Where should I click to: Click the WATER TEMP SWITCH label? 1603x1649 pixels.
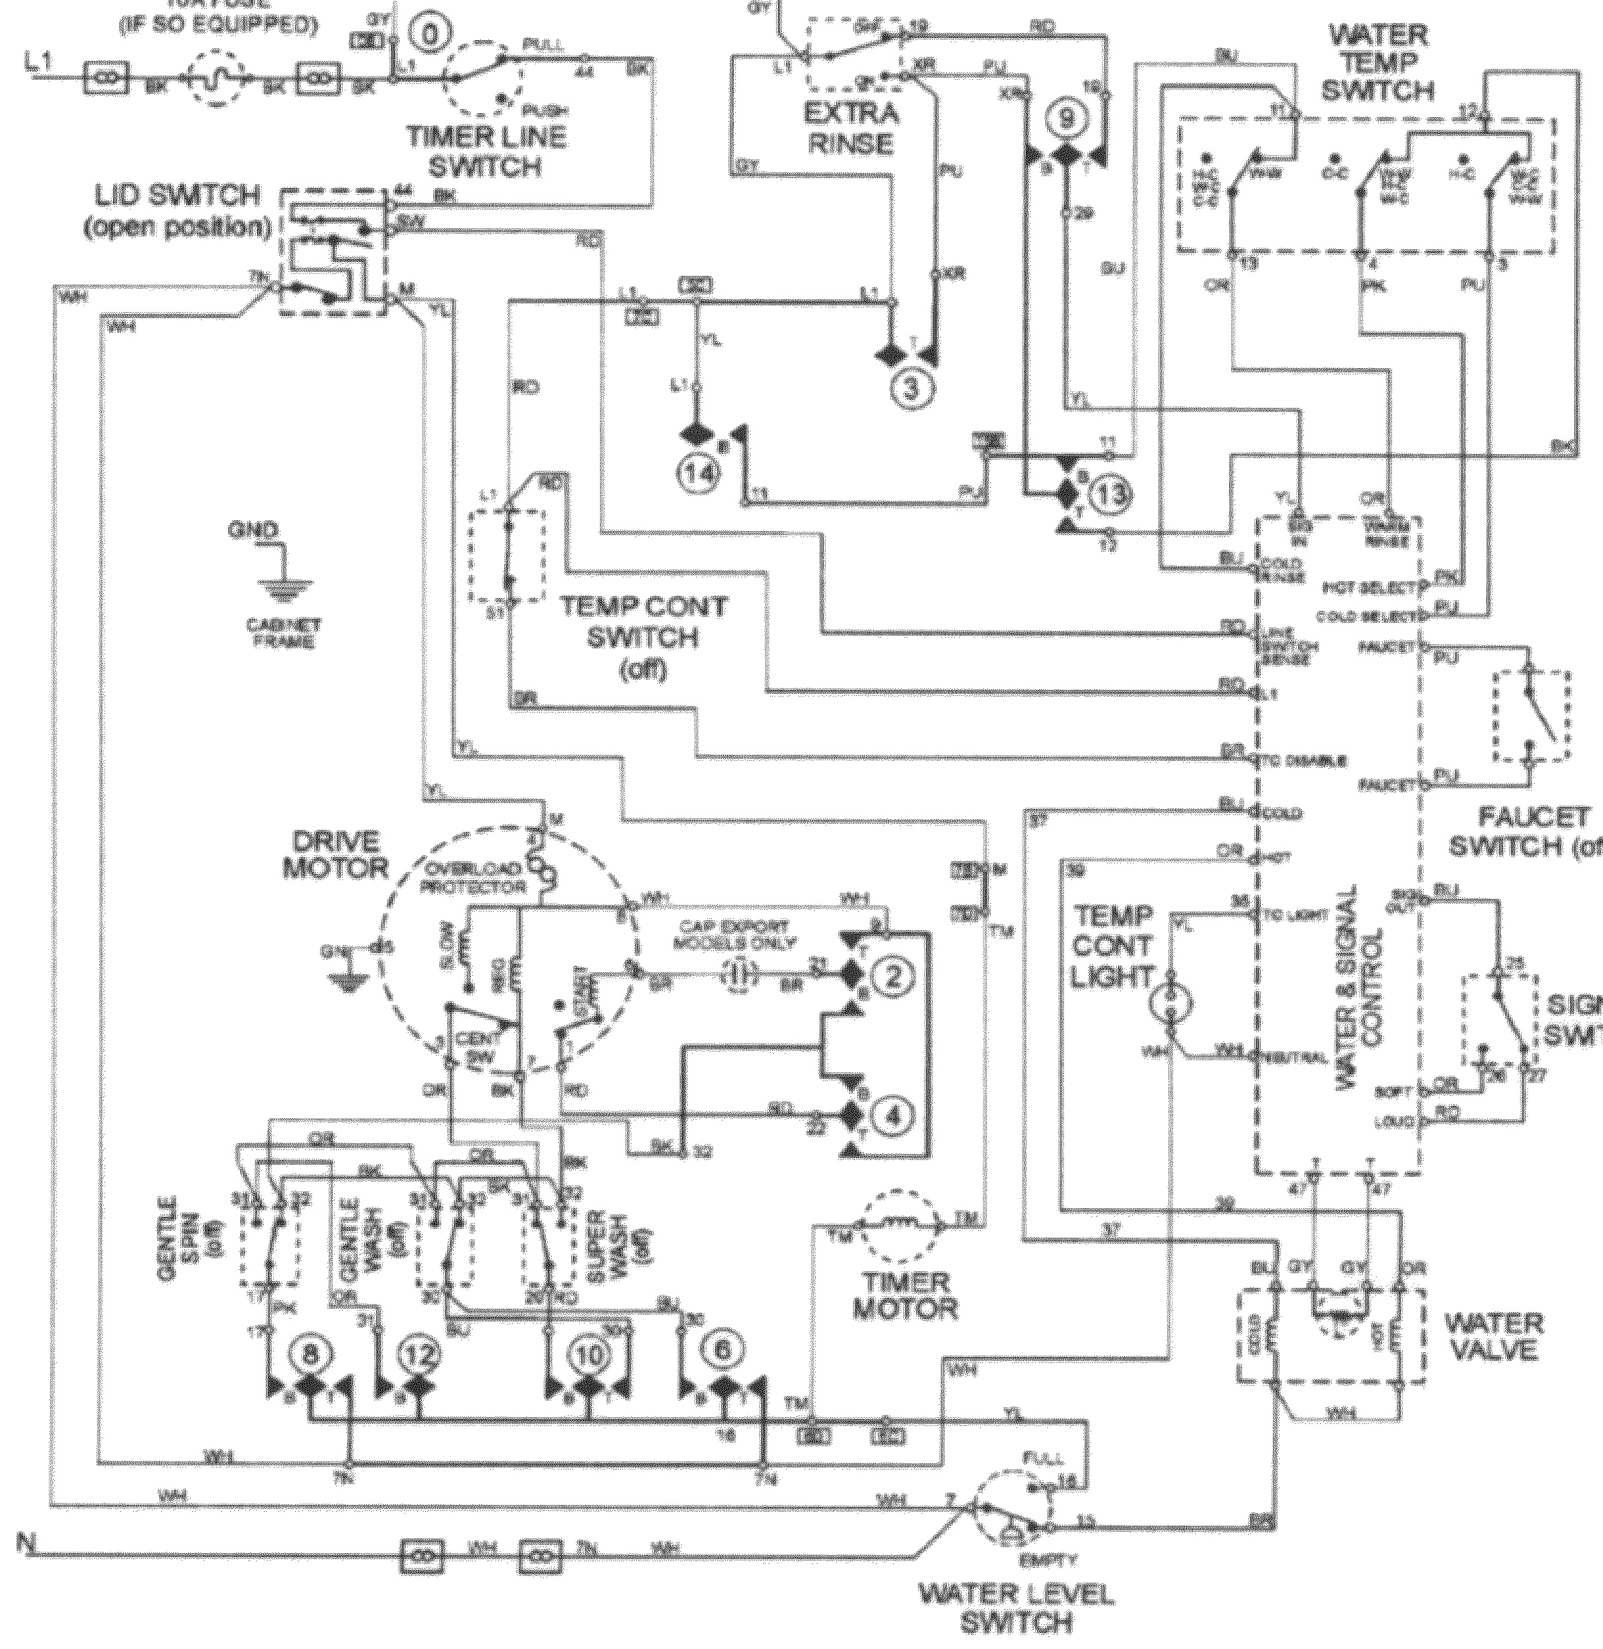point(1377,63)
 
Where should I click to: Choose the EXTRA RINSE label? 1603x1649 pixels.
point(851,128)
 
